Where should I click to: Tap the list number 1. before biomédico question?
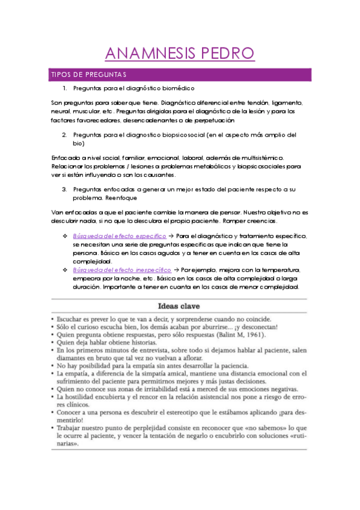[66, 88]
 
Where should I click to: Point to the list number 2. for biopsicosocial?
[65, 135]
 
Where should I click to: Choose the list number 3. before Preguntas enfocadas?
[65, 189]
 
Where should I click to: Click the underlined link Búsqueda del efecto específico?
[120, 236]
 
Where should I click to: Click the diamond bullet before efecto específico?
[64, 236]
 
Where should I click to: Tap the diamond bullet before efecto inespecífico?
[64, 270]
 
